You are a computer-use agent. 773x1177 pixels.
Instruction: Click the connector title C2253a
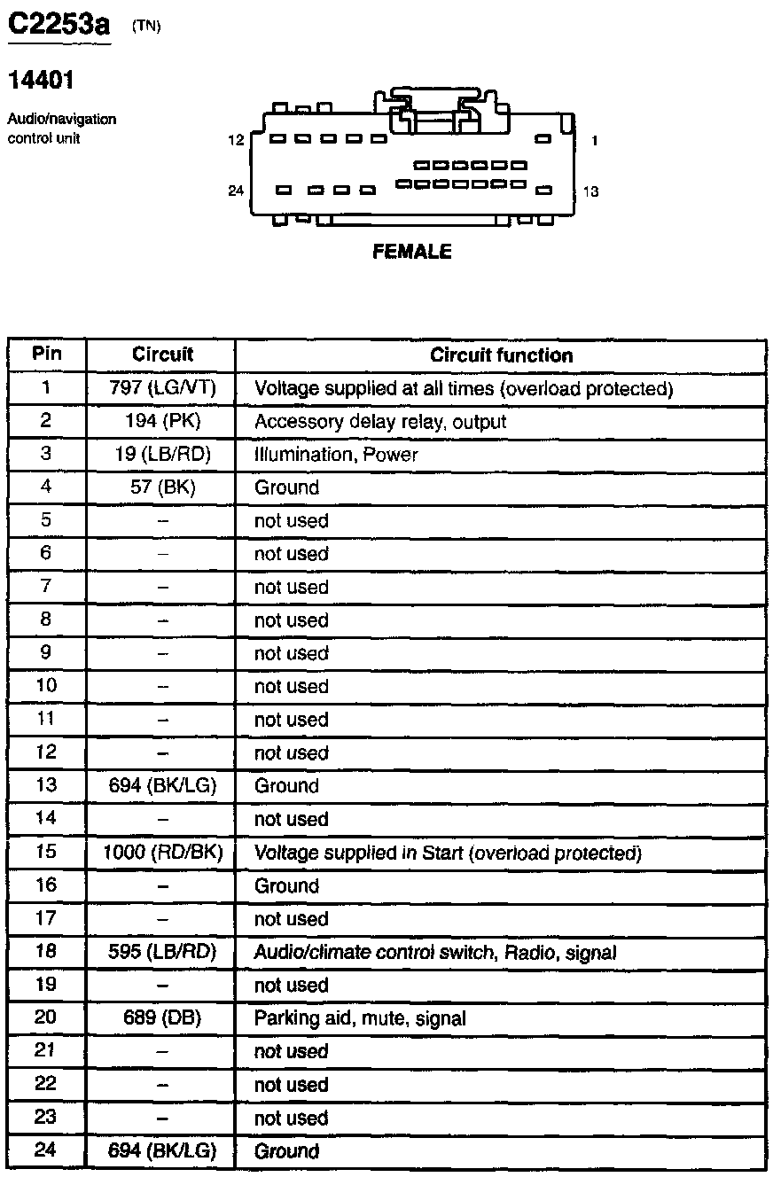pyautogui.click(x=59, y=26)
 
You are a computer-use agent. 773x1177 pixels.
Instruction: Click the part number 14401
pyautogui.click(x=41, y=81)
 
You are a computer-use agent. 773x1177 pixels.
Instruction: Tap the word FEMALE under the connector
pyautogui.click(x=412, y=252)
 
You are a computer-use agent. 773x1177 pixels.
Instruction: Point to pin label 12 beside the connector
pyautogui.click(x=236, y=140)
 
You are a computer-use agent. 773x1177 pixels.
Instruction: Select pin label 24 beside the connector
pyautogui.click(x=236, y=191)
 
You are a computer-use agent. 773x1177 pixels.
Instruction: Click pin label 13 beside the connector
pyautogui.click(x=591, y=191)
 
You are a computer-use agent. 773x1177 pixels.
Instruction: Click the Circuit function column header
pyautogui.click(x=501, y=355)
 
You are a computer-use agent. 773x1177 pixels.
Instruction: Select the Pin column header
pyautogui.click(x=47, y=354)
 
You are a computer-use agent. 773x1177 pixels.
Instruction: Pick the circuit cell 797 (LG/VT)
pyautogui.click(x=162, y=388)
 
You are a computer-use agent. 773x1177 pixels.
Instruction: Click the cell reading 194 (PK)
pyautogui.click(x=162, y=421)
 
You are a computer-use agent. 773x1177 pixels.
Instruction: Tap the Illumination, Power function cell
pyautogui.click(x=336, y=455)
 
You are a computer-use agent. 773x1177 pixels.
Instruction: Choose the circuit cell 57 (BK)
pyautogui.click(x=162, y=487)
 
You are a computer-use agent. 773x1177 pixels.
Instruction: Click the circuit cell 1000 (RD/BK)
pyautogui.click(x=162, y=853)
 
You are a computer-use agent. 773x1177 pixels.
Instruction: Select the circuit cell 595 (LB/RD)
pyautogui.click(x=162, y=952)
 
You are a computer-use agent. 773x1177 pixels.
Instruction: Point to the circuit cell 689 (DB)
pyautogui.click(x=162, y=1018)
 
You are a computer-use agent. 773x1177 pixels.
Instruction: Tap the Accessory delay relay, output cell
pyautogui.click(x=380, y=422)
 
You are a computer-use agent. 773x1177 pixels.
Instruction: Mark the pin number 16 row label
pyautogui.click(x=46, y=885)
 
